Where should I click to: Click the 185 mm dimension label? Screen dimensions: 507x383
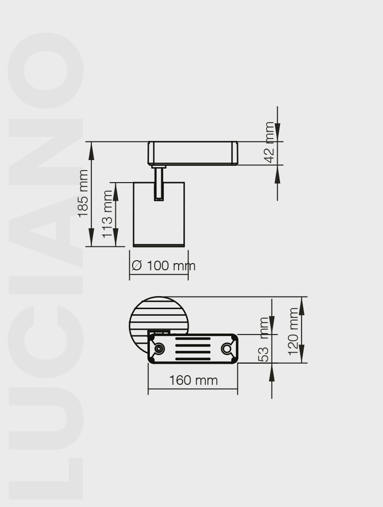click(84, 193)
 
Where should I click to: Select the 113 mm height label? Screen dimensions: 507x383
click(108, 214)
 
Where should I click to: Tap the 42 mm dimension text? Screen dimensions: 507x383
click(270, 142)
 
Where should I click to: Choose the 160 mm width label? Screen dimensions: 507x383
click(193, 380)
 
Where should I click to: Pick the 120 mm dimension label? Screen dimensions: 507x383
click(293, 331)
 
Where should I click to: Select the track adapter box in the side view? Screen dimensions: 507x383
click(193, 153)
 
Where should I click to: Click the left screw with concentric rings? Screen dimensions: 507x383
click(158, 349)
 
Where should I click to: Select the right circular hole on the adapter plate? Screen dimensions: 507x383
click(226, 349)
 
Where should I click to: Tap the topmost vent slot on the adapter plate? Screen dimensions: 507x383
click(192, 339)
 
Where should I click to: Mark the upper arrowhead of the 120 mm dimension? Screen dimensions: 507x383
click(302, 307)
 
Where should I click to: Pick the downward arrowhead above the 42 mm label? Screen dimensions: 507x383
click(278, 132)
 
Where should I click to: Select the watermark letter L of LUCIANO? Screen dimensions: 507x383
click(45, 474)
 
